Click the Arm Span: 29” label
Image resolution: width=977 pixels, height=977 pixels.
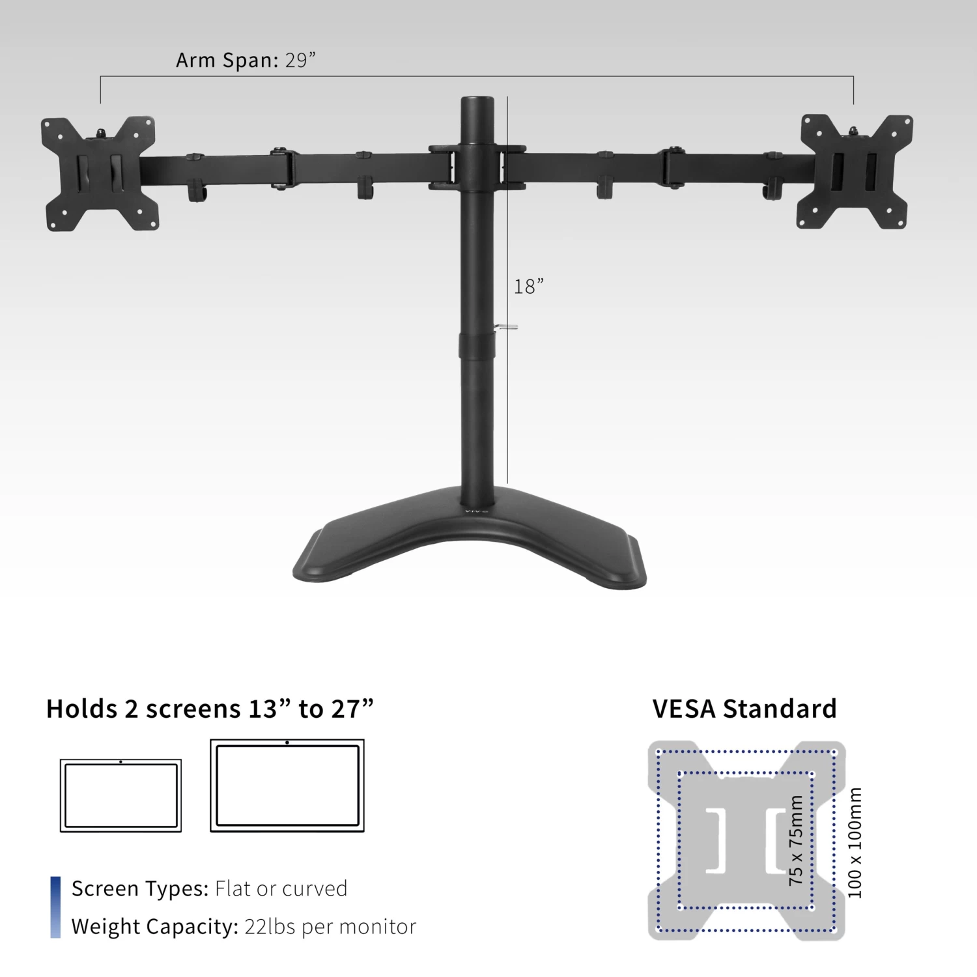pos(246,60)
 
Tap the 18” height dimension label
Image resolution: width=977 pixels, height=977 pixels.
pos(528,287)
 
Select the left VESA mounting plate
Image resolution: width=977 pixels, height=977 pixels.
pos(100,174)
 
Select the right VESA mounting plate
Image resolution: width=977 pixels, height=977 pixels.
pos(855,172)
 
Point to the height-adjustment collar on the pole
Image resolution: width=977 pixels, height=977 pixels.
pos(477,346)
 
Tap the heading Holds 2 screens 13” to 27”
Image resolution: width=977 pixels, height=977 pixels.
pos(210,709)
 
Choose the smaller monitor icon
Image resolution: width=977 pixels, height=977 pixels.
pos(120,795)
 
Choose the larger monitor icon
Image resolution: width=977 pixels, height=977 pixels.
pos(287,786)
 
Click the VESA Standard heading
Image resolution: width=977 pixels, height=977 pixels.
pos(744,709)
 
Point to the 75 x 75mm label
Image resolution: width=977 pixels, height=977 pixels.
pos(796,840)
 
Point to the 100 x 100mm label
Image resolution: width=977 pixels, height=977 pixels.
pos(855,843)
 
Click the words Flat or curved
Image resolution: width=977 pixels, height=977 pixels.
pos(281,888)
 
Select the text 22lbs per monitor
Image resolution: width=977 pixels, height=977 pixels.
pos(330,926)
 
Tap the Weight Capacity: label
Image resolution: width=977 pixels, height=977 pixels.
pos(155,926)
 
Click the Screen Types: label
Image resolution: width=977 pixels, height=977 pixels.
pos(140,888)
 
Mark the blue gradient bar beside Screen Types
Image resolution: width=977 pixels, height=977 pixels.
pos(55,907)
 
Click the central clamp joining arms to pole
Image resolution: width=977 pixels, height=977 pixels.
pos(477,167)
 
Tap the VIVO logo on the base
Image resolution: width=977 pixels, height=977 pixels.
pos(477,510)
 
